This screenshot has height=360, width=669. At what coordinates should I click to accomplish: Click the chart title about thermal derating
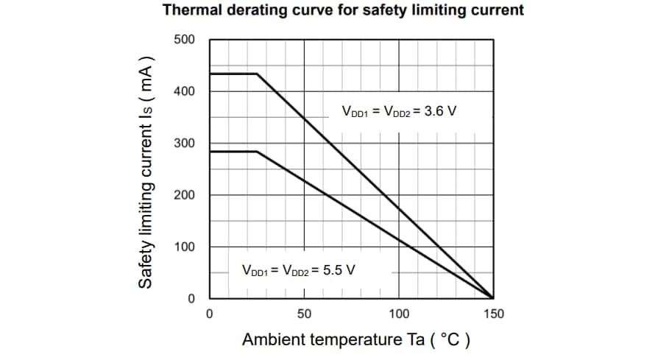click(343, 10)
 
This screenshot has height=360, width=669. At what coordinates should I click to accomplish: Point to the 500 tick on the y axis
click(184, 39)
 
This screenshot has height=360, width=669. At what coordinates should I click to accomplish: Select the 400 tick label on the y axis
click(184, 91)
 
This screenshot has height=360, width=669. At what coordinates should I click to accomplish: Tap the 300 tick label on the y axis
click(184, 143)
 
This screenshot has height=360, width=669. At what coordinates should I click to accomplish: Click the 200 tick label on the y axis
click(184, 195)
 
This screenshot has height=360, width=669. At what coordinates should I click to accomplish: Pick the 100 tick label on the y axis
click(184, 247)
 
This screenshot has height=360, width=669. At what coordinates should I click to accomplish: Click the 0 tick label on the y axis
click(190, 299)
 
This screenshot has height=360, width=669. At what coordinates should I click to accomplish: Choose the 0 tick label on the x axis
click(210, 314)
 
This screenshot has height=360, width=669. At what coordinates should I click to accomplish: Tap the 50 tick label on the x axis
click(304, 314)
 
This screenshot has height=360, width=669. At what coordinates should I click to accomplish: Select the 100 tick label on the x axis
click(399, 314)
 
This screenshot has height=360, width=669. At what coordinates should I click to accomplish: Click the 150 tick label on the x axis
click(493, 314)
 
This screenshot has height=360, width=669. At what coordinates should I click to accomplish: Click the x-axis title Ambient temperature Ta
click(356, 340)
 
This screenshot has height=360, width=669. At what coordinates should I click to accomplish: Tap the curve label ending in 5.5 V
click(299, 269)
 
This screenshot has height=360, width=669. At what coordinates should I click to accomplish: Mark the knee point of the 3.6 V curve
click(257, 74)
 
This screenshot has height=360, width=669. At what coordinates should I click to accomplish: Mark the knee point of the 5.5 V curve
click(257, 151)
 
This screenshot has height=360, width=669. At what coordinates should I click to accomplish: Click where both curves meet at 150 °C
click(493, 298)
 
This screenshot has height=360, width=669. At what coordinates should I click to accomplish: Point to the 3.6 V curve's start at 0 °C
click(210, 74)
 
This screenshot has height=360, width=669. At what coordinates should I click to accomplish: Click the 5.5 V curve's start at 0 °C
click(210, 151)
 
